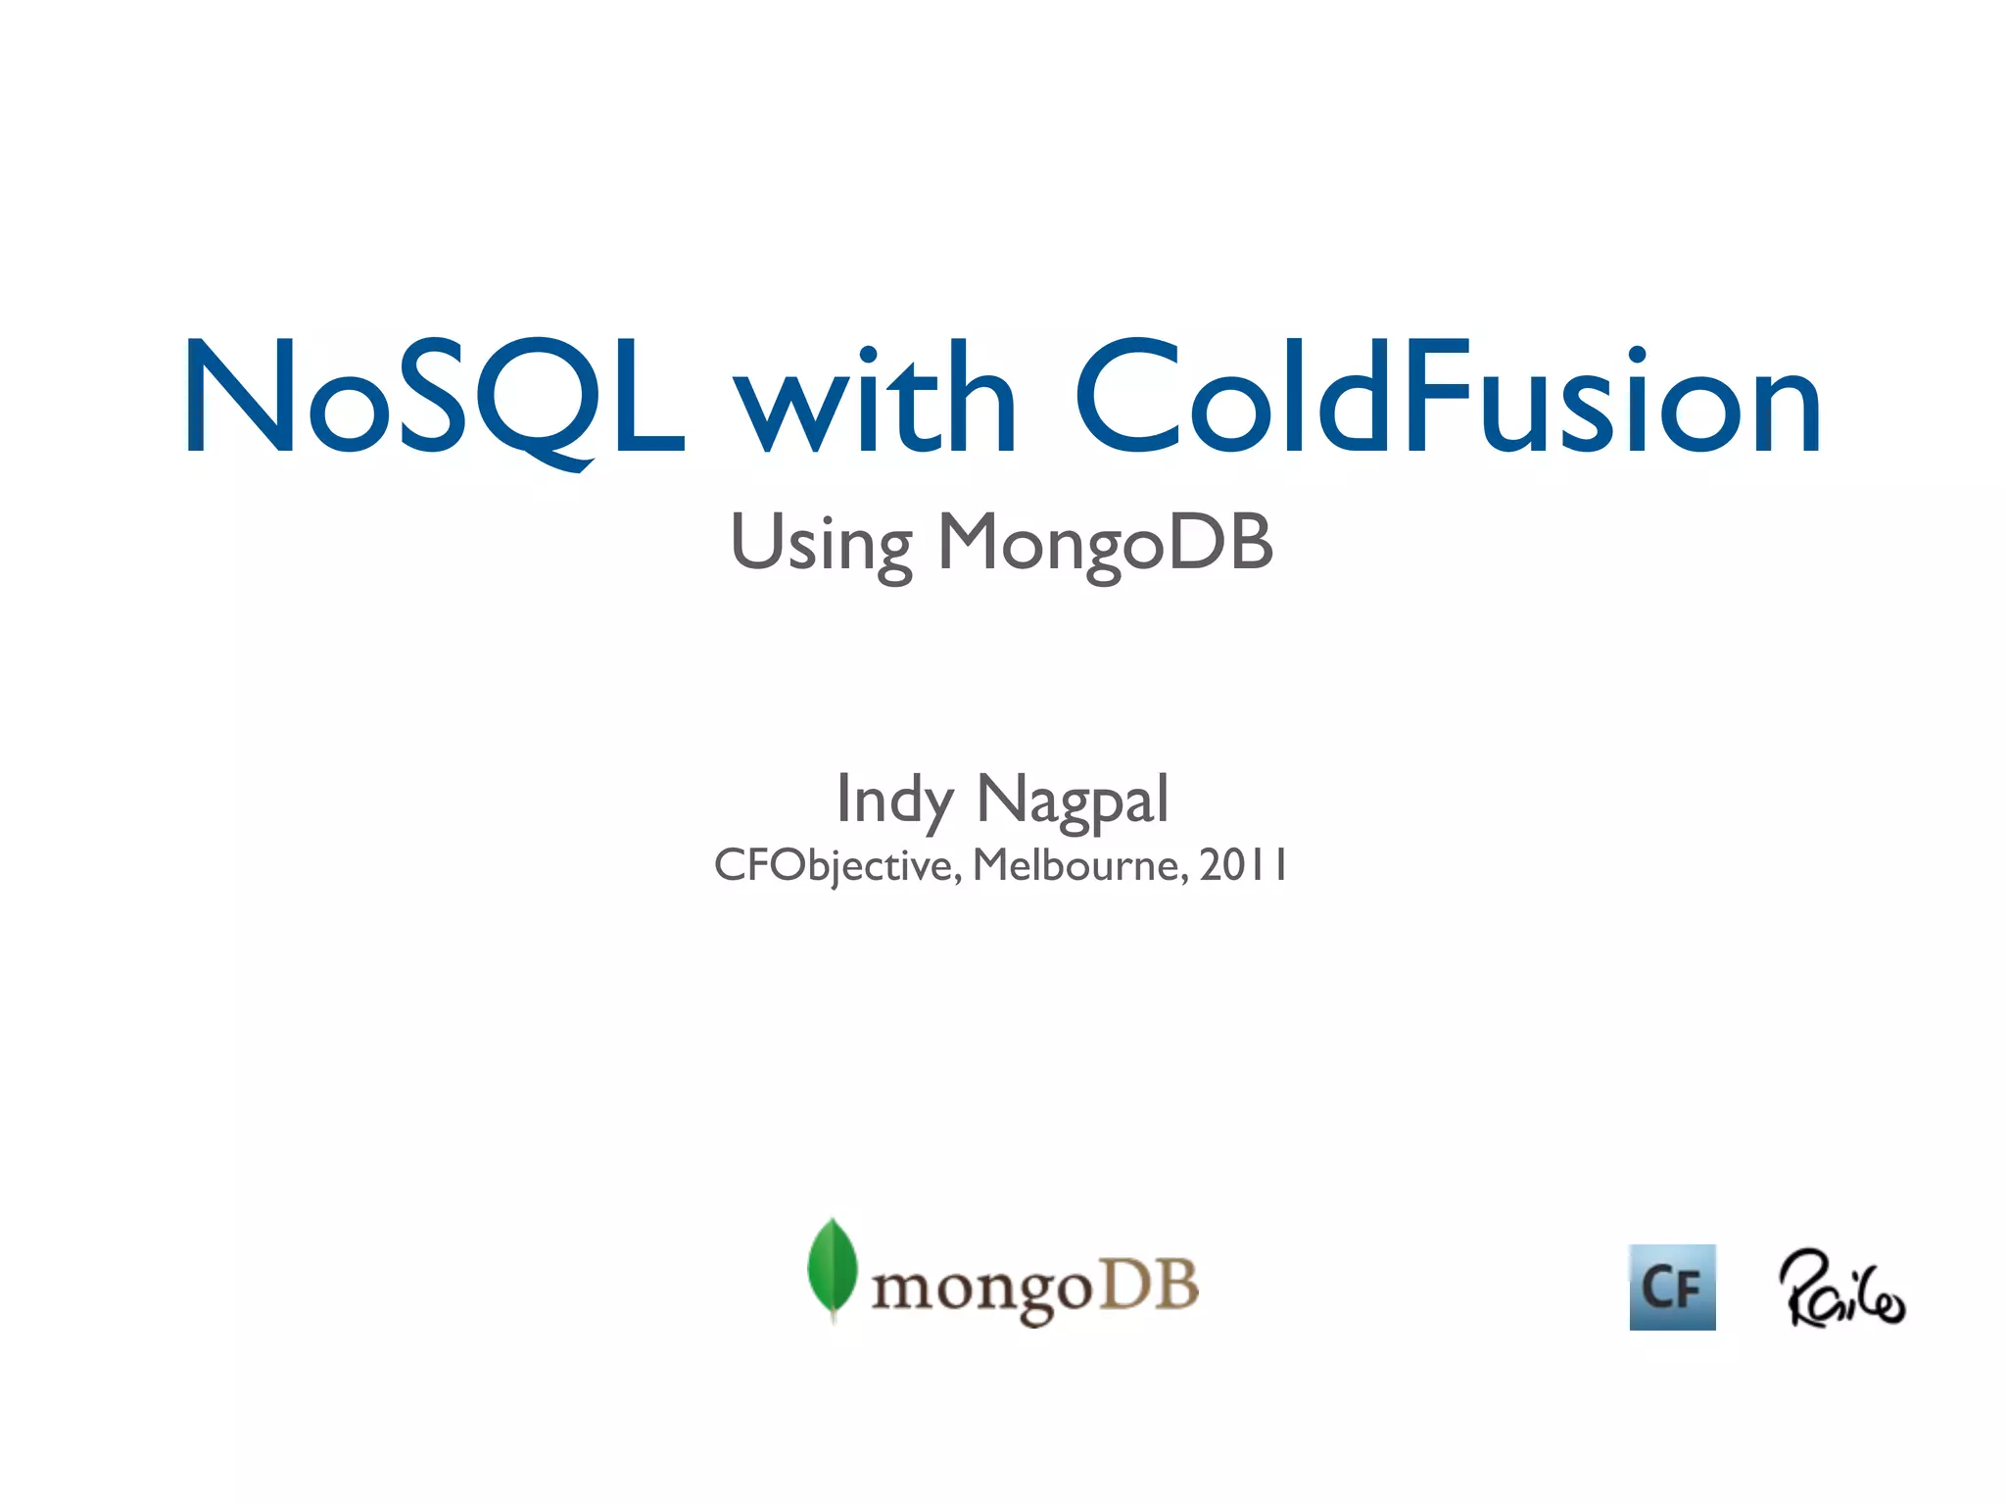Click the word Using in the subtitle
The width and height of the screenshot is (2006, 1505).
[821, 545]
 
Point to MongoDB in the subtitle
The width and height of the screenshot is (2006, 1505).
[1105, 545]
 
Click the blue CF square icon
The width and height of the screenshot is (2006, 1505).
[1672, 1287]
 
